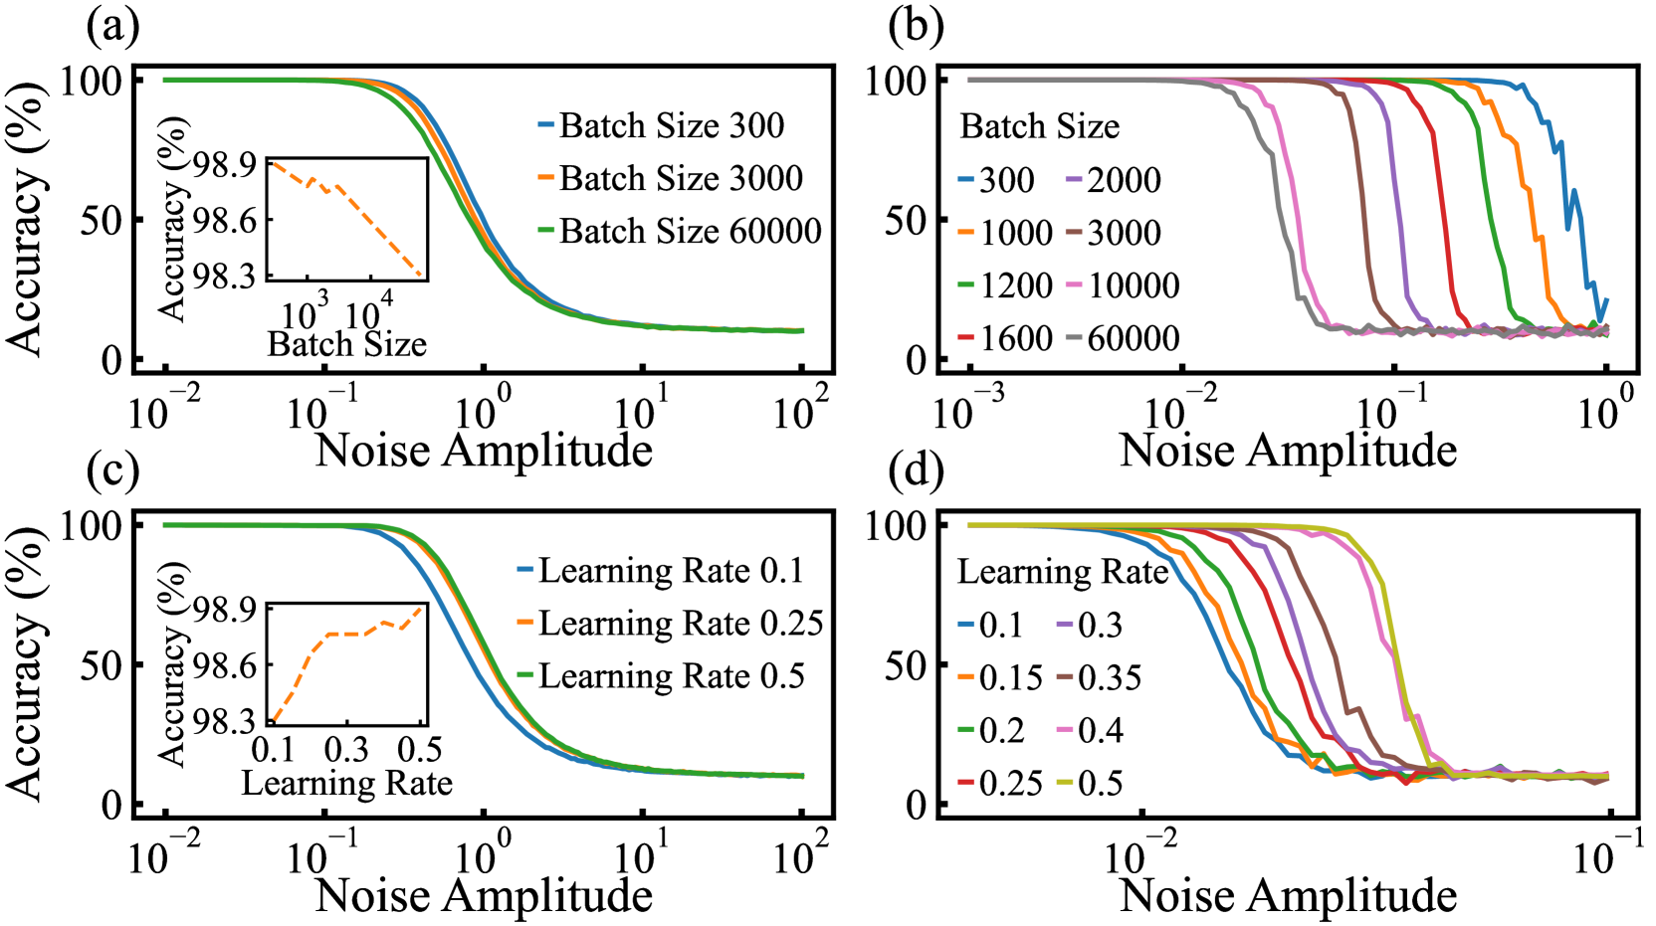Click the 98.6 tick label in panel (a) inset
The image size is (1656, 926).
point(224,220)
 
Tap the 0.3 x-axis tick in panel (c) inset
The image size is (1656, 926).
point(345,749)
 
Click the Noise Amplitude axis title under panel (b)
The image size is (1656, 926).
point(1288,451)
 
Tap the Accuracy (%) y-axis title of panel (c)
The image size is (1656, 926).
point(25,664)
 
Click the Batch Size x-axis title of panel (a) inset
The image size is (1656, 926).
point(346,344)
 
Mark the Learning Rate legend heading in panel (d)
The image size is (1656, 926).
point(1062,572)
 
